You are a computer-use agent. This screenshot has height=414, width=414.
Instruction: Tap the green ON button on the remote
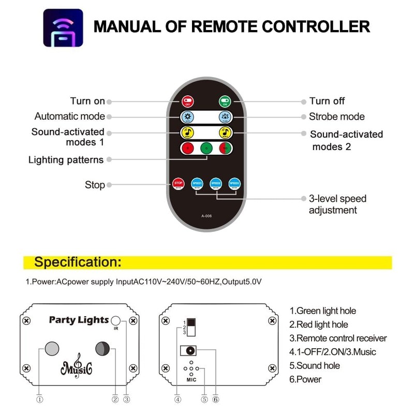(225, 101)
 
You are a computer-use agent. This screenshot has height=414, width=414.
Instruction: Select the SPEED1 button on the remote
(197, 183)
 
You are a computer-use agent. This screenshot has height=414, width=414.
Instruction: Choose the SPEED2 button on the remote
(216, 183)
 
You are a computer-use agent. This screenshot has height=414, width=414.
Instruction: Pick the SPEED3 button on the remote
(234, 183)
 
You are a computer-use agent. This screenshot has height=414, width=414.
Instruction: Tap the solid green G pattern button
(206, 147)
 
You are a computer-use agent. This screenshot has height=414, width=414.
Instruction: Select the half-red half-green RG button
(225, 147)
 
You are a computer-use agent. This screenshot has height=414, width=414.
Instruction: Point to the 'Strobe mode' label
(336, 117)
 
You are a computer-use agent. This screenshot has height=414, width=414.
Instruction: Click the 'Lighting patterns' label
(66, 160)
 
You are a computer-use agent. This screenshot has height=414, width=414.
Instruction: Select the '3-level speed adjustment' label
(337, 204)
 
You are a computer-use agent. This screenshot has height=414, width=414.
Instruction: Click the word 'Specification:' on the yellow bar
(78, 262)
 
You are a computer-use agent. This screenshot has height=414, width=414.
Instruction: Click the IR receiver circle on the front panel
(117, 320)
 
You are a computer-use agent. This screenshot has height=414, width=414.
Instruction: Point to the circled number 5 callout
(204, 399)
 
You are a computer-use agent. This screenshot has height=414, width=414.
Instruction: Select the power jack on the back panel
(190, 350)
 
